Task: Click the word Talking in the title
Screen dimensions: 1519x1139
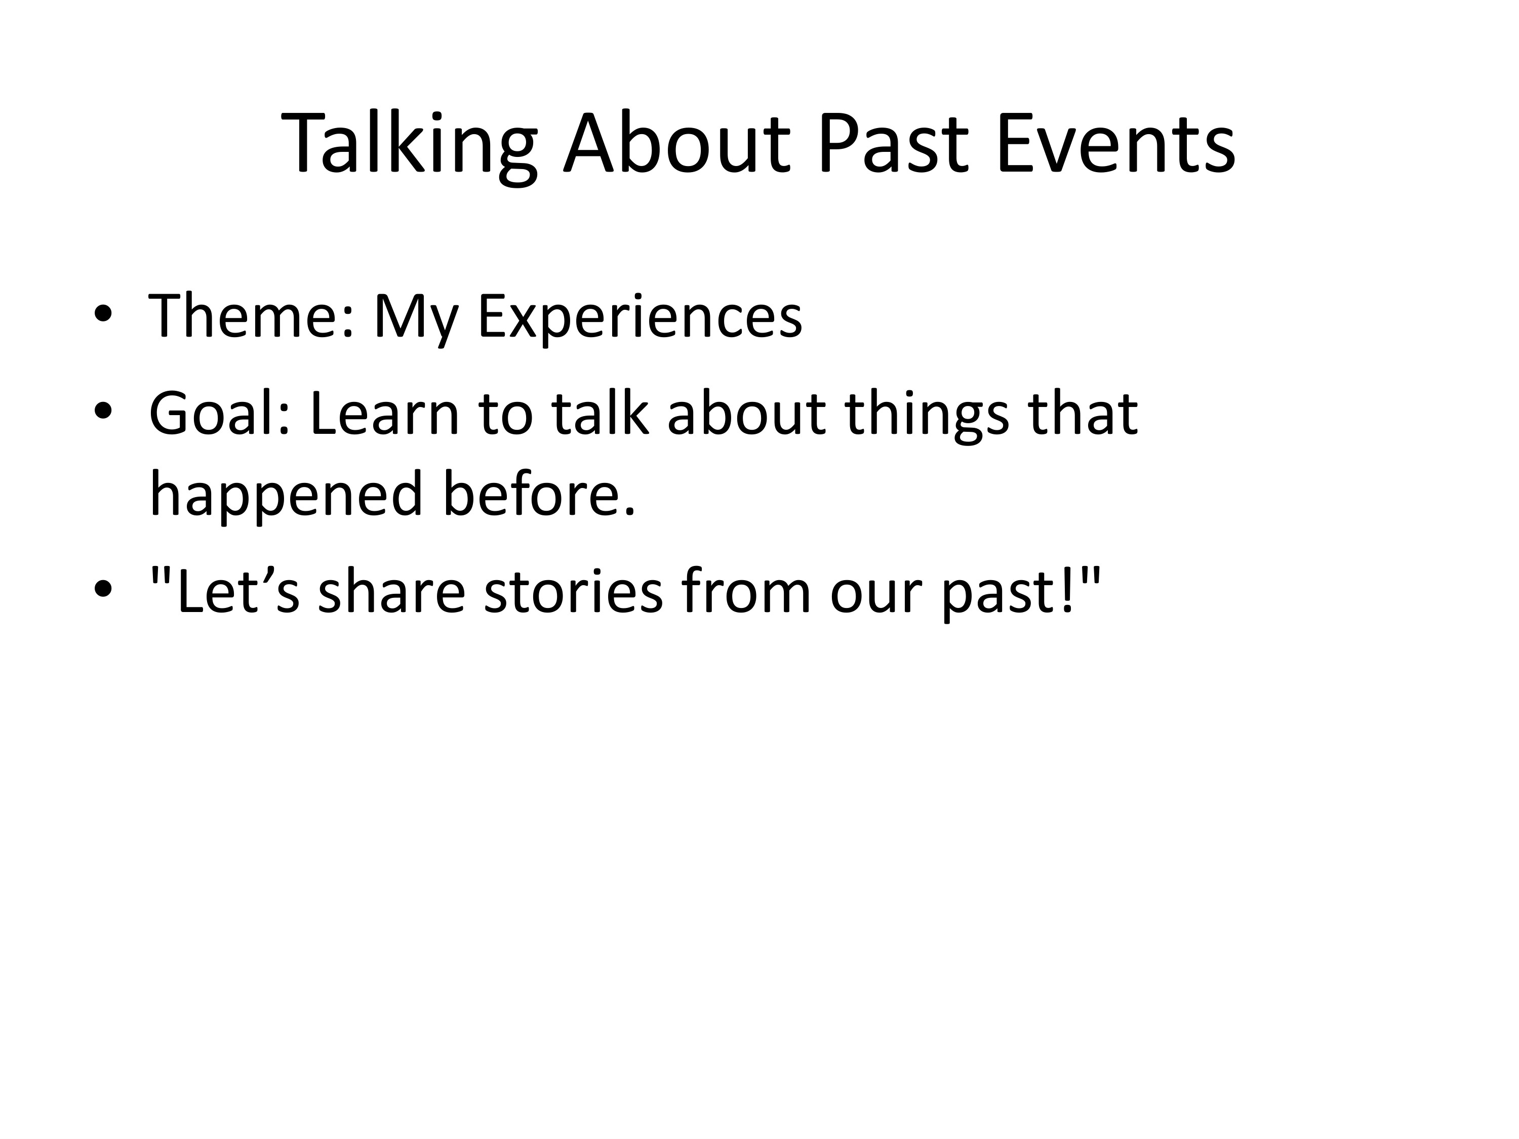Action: [409, 146]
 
